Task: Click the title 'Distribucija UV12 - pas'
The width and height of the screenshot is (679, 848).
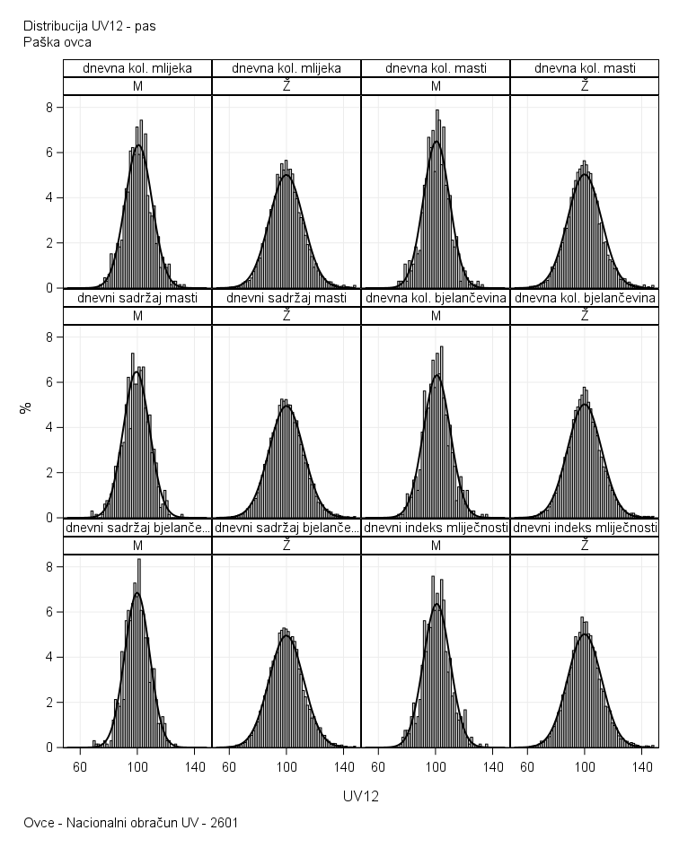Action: [x=89, y=25]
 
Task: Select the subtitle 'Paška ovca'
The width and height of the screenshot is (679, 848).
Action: [x=57, y=41]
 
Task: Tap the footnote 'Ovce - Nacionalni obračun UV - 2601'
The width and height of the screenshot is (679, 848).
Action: [x=131, y=822]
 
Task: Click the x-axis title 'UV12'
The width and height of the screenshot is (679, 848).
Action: [x=361, y=796]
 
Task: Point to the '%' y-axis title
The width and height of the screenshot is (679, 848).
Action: [x=27, y=407]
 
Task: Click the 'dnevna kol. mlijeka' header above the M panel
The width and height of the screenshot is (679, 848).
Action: [x=137, y=68]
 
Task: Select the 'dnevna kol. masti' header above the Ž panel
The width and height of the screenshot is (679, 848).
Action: [x=585, y=68]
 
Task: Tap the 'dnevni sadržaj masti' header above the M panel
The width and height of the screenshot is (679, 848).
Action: [x=137, y=298]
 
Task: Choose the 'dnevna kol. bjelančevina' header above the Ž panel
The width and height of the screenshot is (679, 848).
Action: [x=585, y=298]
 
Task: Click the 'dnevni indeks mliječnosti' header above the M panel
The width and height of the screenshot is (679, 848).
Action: [x=436, y=528]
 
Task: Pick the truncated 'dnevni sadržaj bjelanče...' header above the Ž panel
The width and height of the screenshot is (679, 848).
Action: [x=287, y=528]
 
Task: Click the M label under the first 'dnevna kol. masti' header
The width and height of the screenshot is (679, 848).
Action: [x=436, y=86]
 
